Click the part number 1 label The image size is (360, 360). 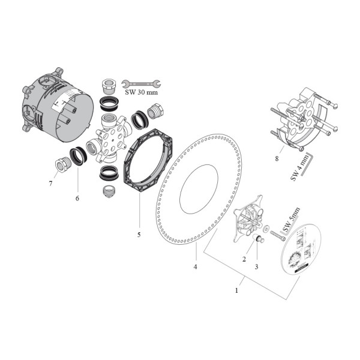[237, 290]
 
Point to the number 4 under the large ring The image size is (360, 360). [194, 265]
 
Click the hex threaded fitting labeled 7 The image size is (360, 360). [60, 163]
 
